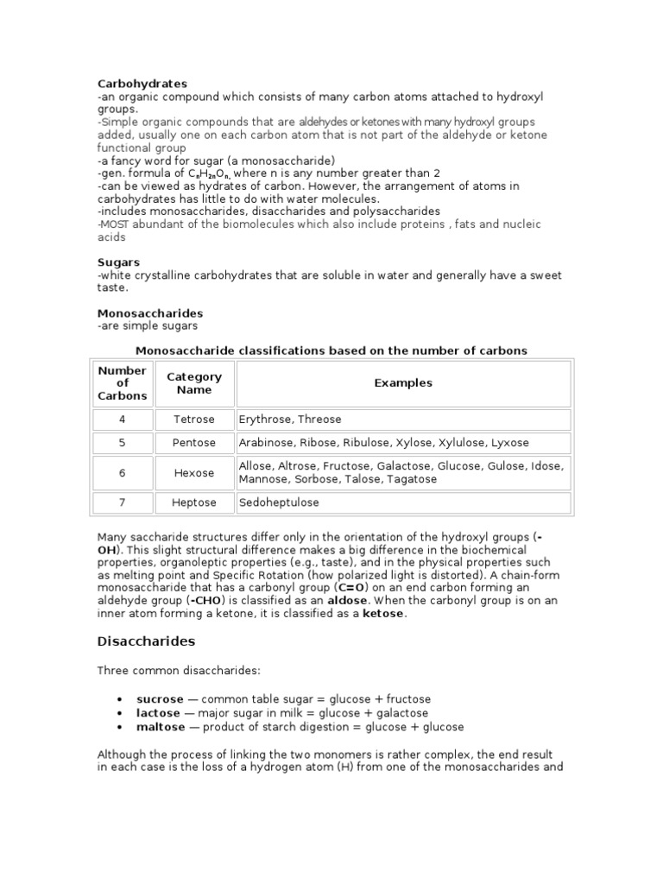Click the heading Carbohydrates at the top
(142, 84)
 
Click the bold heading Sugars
(118, 262)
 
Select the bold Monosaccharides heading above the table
(149, 313)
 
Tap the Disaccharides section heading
(146, 641)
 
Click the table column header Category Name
(194, 383)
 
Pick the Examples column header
(403, 383)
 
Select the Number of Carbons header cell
(123, 383)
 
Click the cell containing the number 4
(123, 420)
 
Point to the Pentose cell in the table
(194, 443)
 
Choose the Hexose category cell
(194, 473)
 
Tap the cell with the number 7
(123, 502)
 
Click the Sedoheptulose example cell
(279, 502)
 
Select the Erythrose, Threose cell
(290, 420)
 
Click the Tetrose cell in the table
(194, 420)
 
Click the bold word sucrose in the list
(160, 699)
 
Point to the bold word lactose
(158, 713)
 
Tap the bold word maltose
(161, 727)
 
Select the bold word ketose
(382, 614)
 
